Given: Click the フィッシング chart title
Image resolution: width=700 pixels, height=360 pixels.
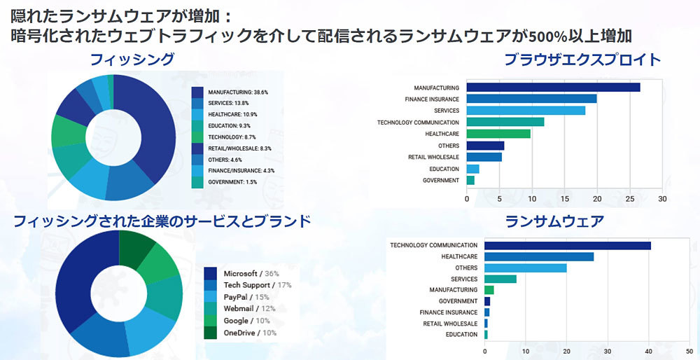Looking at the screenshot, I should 132,60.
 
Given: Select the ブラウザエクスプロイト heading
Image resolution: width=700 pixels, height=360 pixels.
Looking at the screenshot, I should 582,60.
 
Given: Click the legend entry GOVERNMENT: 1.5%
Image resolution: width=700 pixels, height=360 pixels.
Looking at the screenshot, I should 225,182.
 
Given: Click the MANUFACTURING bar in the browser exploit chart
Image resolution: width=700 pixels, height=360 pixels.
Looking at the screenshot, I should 553,88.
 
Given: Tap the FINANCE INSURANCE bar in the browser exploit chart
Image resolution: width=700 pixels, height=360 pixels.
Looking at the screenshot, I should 531,99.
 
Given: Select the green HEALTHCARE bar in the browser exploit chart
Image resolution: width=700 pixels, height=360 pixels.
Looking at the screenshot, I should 498,134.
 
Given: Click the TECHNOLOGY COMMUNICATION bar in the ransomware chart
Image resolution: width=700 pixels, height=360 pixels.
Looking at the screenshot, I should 567,245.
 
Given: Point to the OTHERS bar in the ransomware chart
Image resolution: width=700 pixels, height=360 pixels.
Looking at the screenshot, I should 525,268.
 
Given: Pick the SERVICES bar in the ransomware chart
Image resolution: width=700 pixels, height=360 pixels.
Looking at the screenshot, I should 500,279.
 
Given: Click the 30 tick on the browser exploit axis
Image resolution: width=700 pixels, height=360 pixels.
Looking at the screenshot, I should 662,199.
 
